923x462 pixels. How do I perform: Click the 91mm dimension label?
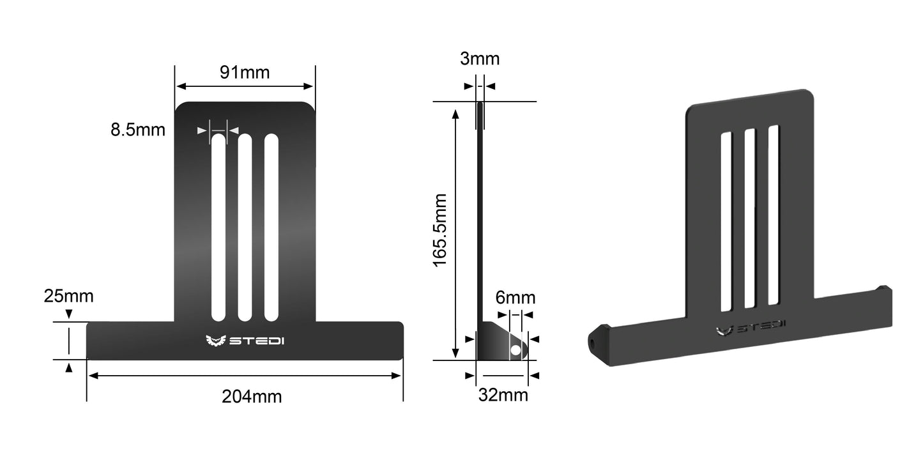click(x=245, y=72)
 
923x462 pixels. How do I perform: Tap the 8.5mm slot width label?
click(x=137, y=130)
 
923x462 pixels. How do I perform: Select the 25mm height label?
click(x=68, y=296)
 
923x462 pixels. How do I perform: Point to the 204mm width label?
click(x=252, y=397)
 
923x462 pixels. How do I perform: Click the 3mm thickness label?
click(x=480, y=59)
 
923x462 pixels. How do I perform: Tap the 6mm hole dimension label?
click(x=515, y=298)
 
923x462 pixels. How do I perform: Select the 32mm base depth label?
click(x=503, y=395)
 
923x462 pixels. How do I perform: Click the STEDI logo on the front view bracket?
click(x=245, y=341)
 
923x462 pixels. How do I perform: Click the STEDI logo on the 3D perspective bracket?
click(x=751, y=328)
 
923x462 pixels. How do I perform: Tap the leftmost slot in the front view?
click(x=218, y=227)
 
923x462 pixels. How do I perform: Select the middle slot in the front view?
click(x=245, y=227)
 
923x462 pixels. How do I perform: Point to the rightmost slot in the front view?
click(x=271, y=227)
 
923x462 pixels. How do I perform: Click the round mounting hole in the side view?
click(x=515, y=350)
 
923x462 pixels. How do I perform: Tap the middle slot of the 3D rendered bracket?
click(x=750, y=217)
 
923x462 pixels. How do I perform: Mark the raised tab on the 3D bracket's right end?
click(x=883, y=289)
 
